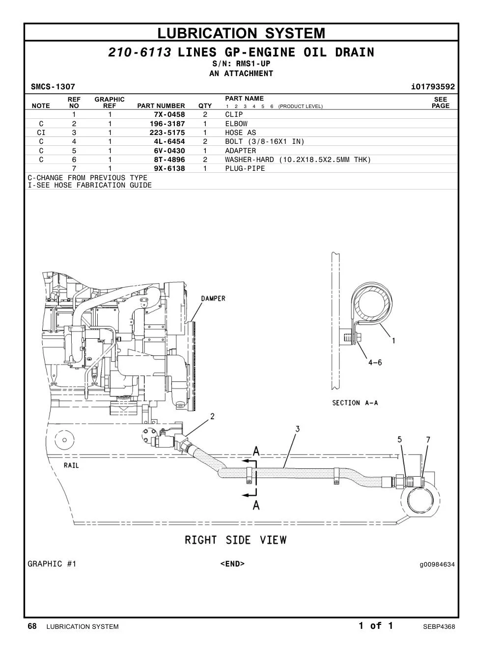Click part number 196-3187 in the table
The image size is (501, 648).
167,124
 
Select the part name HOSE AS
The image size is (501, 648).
241,133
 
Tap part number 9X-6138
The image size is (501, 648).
169,168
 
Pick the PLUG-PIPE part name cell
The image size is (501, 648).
245,168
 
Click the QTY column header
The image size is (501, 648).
205,106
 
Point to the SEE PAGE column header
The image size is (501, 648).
441,103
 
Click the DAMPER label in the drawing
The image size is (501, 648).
213,298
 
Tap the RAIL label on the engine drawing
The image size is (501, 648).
71,465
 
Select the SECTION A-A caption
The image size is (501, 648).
355,403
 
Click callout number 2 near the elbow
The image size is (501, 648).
212,416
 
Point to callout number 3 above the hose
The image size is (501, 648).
298,429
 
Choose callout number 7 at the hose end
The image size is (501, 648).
428,439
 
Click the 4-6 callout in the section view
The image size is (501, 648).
375,363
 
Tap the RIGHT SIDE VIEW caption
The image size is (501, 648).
236,540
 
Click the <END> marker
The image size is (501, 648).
232,564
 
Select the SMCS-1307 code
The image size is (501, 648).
53,87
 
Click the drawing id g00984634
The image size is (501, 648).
437,565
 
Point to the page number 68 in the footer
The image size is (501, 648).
32,626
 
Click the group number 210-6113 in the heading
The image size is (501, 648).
139,53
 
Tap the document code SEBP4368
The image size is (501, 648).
439,627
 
